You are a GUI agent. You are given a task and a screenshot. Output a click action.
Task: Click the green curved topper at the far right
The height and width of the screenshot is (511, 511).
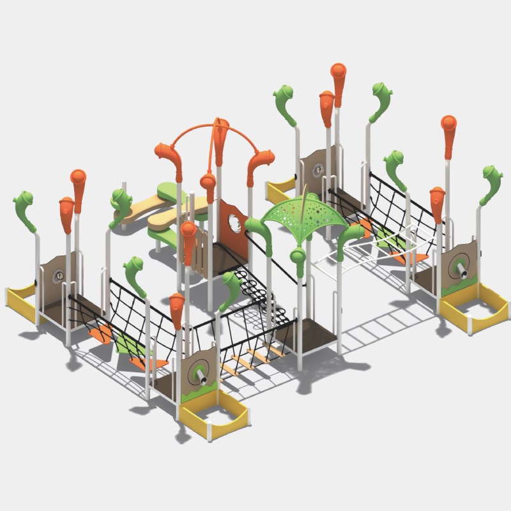click(x=492, y=182)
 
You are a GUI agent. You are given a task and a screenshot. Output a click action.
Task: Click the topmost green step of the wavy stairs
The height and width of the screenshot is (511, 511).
click(x=167, y=190)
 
